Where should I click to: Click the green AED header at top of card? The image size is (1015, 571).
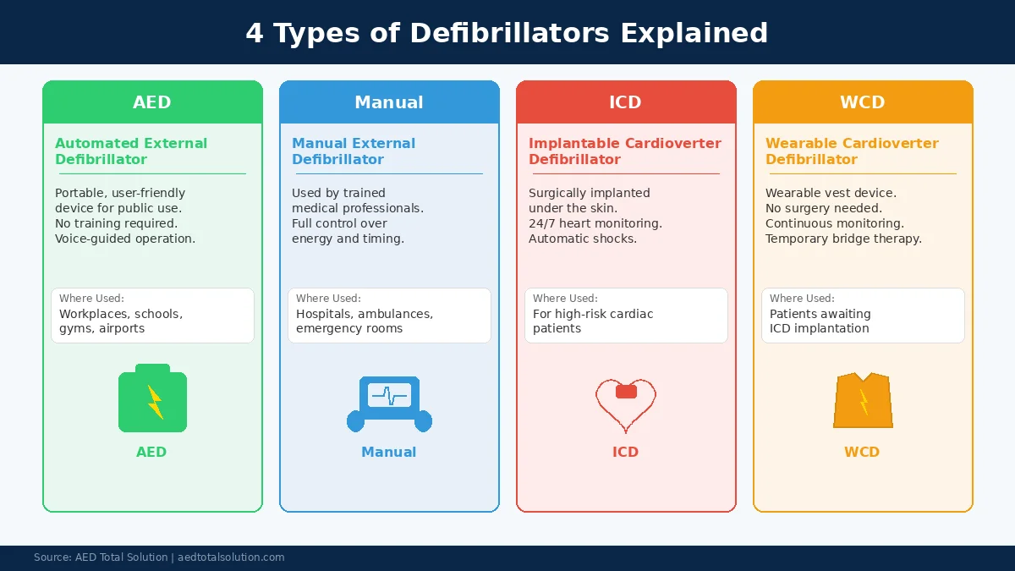coord(152,102)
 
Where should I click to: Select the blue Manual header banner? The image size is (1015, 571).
coord(389,102)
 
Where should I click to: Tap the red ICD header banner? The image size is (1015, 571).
coord(626,102)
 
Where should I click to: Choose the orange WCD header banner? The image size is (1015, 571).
coord(863,102)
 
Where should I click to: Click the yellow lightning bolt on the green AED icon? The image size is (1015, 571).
coord(155,403)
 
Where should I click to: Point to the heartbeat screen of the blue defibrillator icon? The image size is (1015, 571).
coord(389,395)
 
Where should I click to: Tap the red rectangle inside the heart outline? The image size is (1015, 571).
coord(626,392)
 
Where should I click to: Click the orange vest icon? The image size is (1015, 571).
coord(863,401)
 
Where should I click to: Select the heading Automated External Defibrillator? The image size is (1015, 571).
coord(131,151)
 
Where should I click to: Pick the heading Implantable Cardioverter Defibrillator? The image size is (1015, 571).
coord(624,151)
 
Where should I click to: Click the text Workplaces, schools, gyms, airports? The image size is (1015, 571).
coord(120,321)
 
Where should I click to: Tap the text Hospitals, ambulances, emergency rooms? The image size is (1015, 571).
coord(364,321)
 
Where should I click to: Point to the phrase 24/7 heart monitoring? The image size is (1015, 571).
coord(595,223)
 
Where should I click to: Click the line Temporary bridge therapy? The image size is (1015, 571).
coord(843,239)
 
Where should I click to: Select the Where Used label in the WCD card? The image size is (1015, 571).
coord(802,299)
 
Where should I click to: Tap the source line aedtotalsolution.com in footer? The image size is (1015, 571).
coord(231,557)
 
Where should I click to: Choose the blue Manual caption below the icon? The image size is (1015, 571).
coord(389,452)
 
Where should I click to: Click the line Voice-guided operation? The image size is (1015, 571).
coord(125,239)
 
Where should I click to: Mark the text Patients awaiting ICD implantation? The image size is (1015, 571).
coord(820,321)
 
